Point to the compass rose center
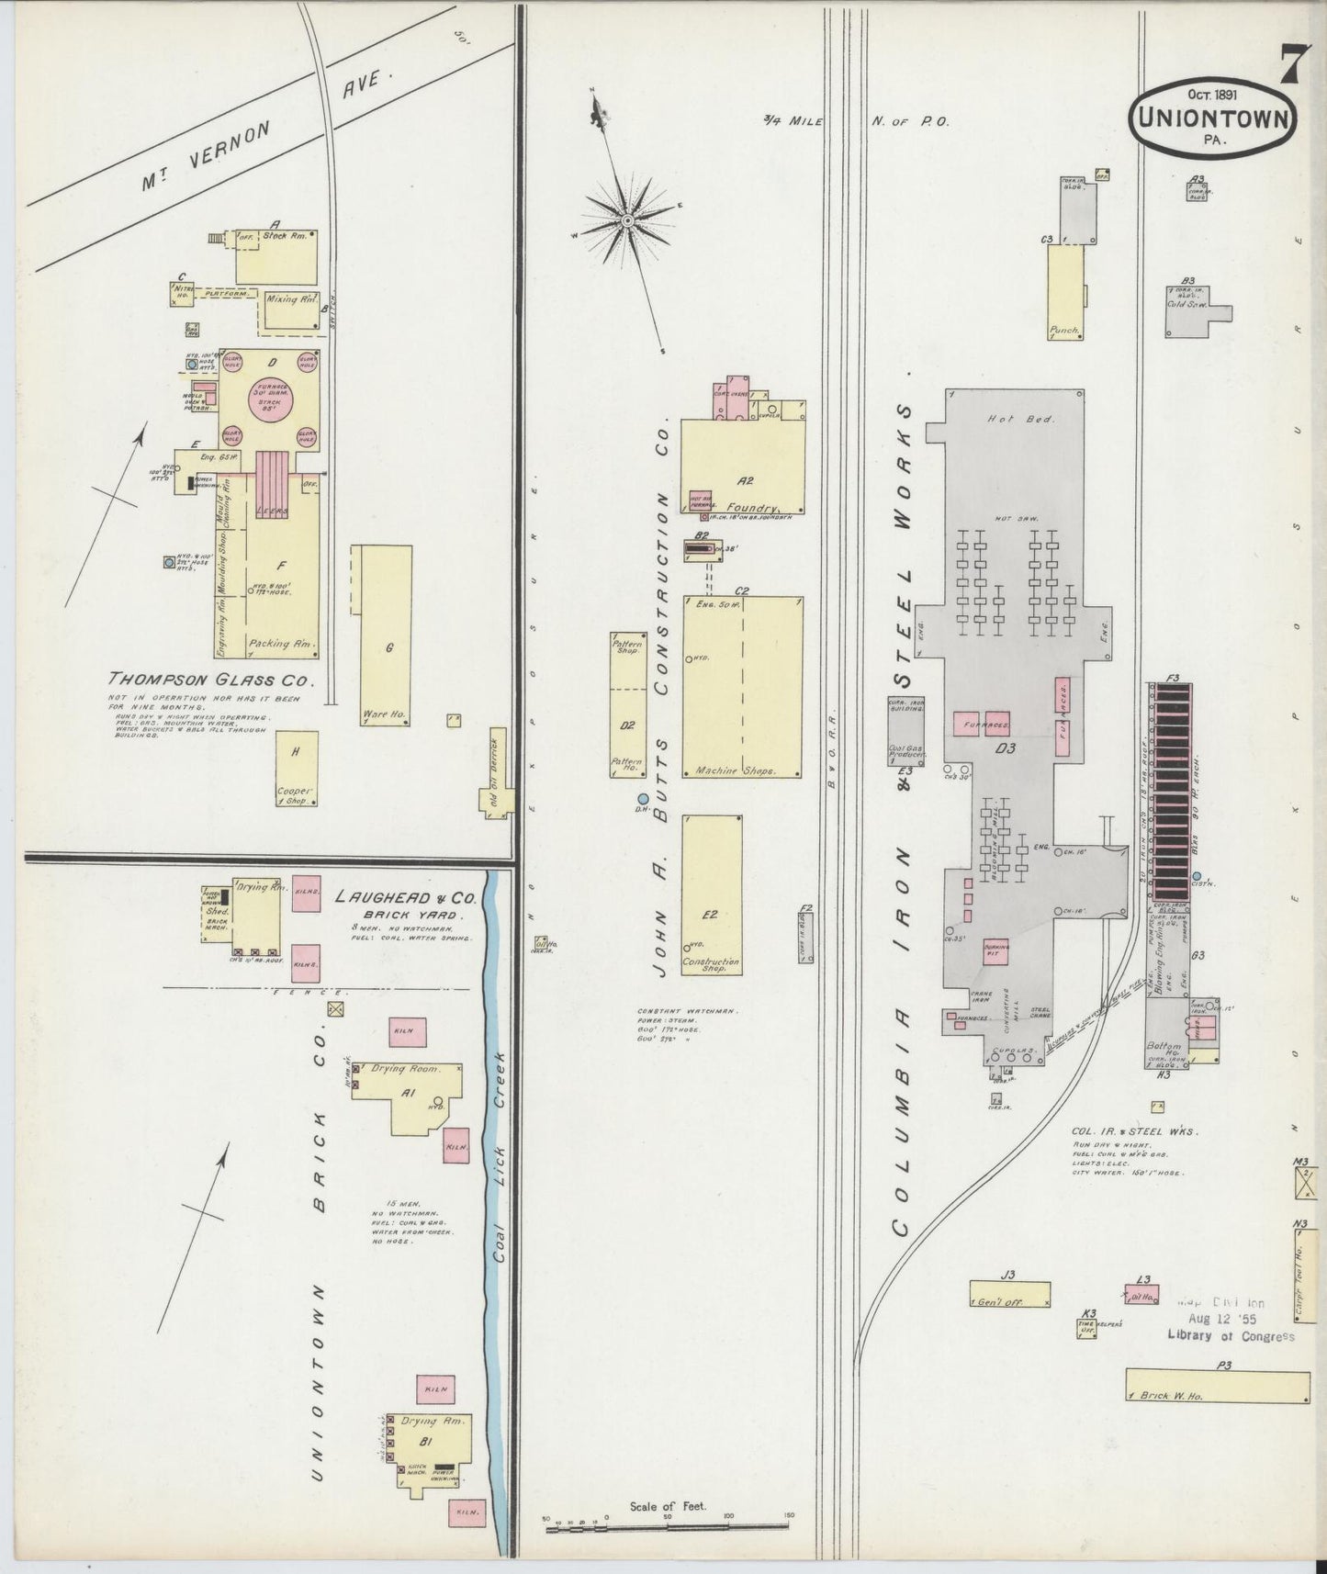(x=626, y=220)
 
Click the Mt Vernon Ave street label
(x=266, y=129)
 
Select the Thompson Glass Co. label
(x=210, y=680)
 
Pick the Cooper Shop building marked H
(x=297, y=769)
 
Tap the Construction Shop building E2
(x=712, y=894)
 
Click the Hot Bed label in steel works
(x=1007, y=419)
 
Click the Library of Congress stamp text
(x=1231, y=1336)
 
